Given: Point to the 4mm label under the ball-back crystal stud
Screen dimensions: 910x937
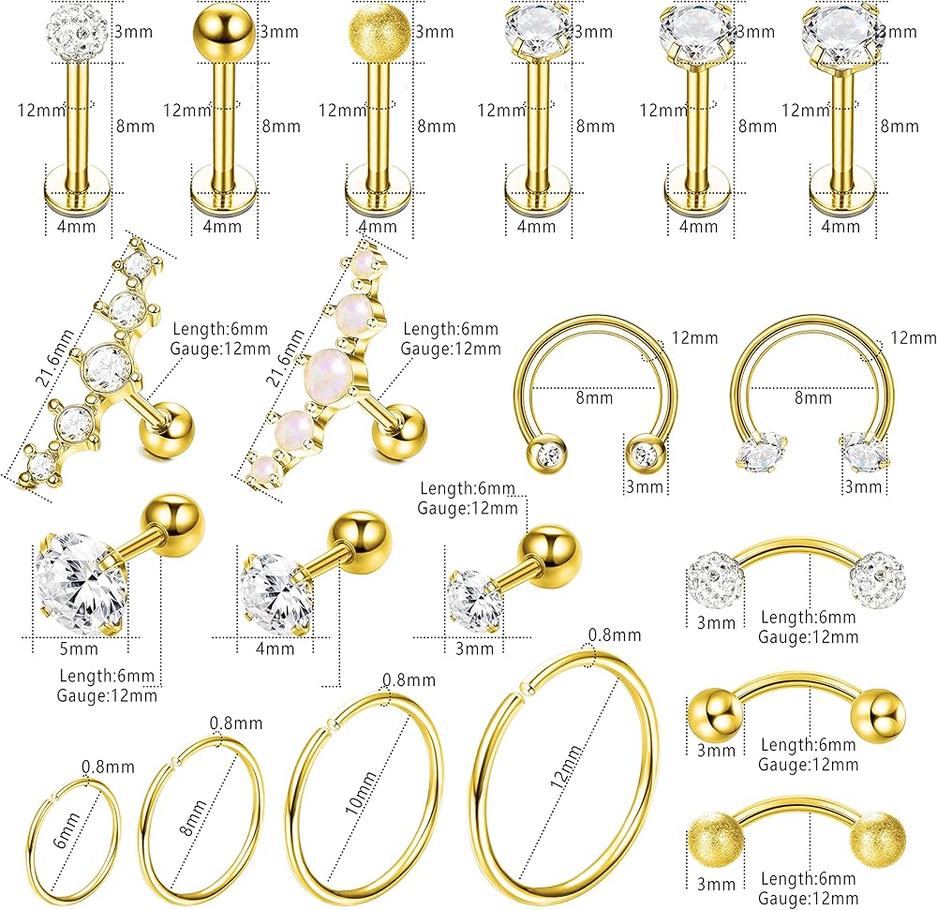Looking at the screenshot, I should (274, 648).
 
